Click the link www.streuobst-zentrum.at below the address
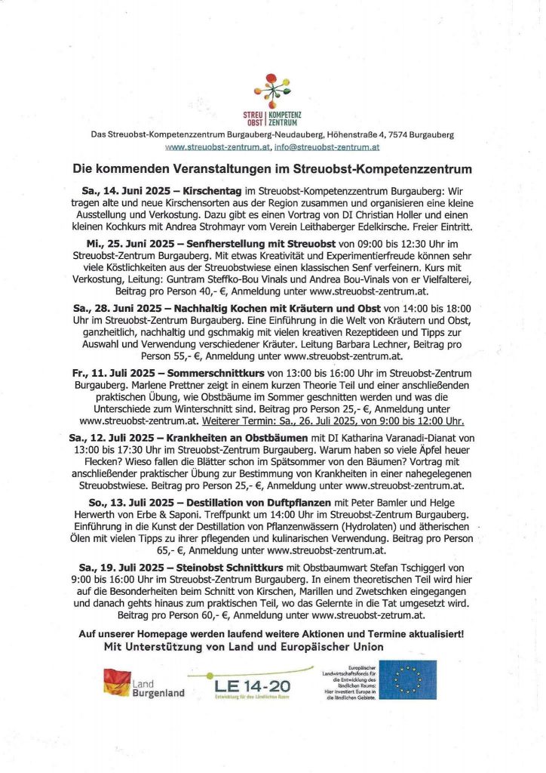point(218,147)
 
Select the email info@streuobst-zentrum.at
point(327,147)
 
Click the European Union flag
point(407,679)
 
